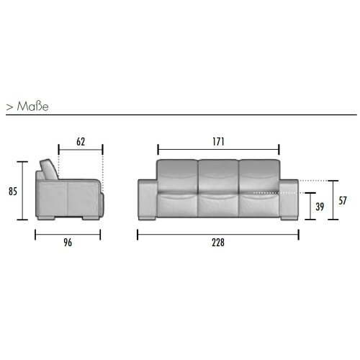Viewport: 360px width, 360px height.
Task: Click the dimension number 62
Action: click(x=81, y=142)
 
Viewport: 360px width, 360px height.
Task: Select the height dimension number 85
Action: click(x=12, y=192)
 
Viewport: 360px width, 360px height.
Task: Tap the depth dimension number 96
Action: click(x=69, y=243)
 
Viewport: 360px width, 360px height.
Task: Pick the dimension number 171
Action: click(x=217, y=142)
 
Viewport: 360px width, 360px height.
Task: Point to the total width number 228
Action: click(x=218, y=243)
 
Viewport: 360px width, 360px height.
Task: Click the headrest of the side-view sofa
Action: click(x=48, y=169)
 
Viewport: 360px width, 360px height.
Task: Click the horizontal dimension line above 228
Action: click(x=218, y=233)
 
